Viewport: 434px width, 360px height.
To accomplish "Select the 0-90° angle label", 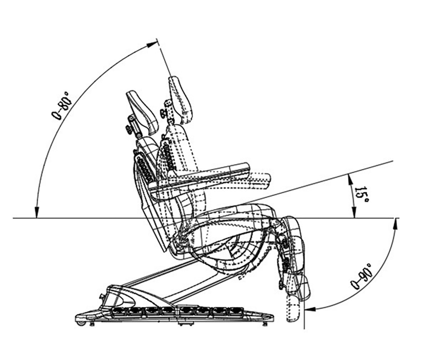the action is (362, 276).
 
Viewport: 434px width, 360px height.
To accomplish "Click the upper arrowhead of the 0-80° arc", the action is (151, 45).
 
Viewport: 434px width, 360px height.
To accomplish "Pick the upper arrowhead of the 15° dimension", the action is (349, 179).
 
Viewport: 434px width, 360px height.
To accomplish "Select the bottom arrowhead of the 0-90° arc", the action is (311, 308).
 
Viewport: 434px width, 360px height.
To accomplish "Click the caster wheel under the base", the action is (80, 323).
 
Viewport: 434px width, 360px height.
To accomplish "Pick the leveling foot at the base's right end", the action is (265, 324).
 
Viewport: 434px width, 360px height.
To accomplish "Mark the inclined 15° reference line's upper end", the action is (393, 161).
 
